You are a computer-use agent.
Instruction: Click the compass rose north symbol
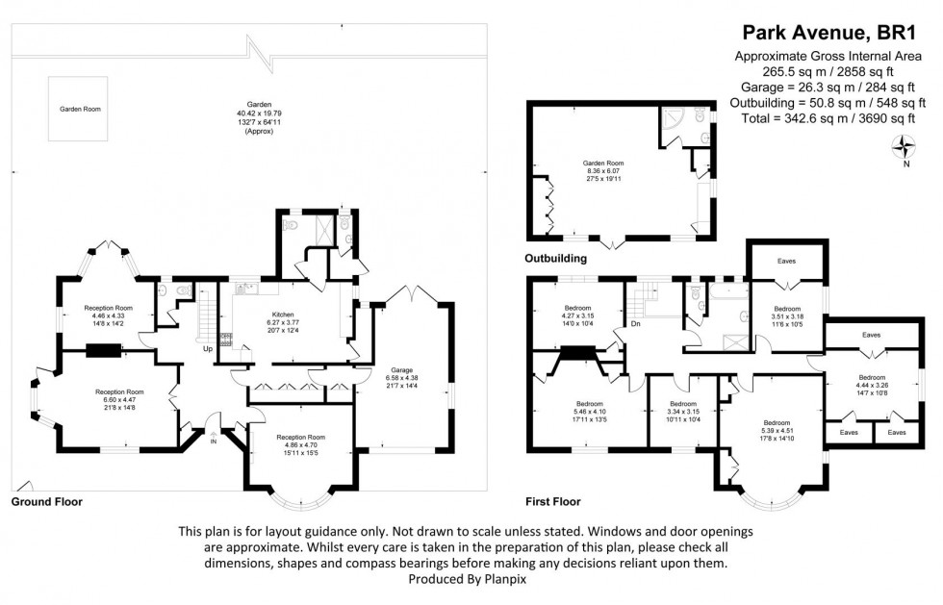(x=905, y=147)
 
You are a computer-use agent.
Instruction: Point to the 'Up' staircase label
(x=207, y=348)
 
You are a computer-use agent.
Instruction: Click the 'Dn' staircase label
(x=636, y=323)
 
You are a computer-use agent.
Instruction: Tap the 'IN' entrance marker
(x=214, y=441)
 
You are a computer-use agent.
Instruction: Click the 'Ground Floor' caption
(x=46, y=502)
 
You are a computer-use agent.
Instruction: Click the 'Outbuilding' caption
(x=556, y=259)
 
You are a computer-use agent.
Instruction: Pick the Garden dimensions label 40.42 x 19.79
(x=259, y=113)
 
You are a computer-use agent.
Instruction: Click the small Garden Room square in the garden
(x=80, y=110)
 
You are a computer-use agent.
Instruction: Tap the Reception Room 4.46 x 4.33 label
(x=108, y=315)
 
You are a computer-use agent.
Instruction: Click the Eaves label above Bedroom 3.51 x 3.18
(x=786, y=261)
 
